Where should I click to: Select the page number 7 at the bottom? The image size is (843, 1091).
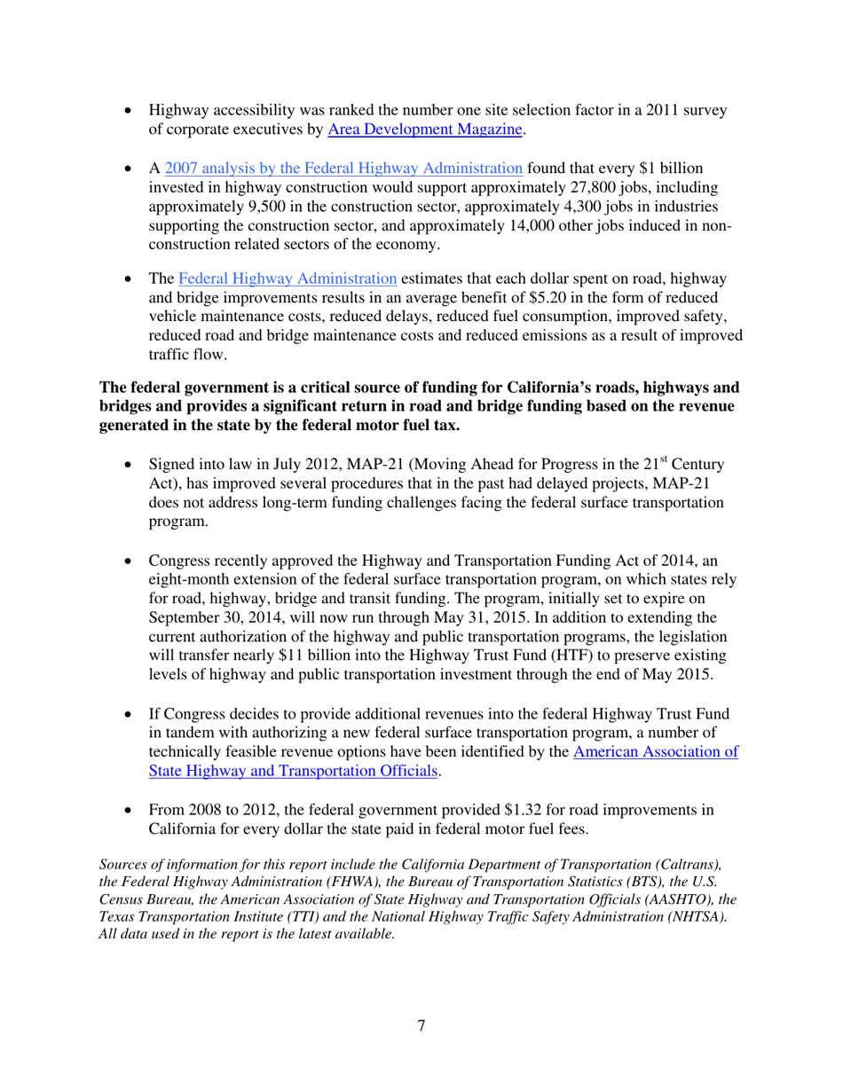coord(421,1026)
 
